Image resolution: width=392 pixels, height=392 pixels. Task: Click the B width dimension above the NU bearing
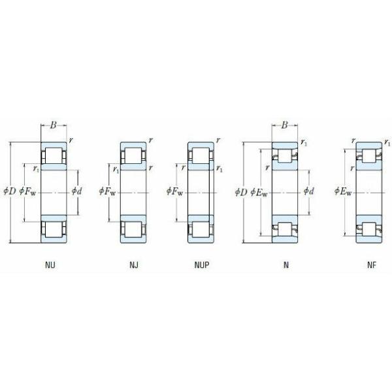[x=54, y=125]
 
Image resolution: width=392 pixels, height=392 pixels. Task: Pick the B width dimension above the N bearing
[x=285, y=125]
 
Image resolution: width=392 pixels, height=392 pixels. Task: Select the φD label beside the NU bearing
[x=10, y=191]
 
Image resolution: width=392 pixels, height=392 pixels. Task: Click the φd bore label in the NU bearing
[x=76, y=191]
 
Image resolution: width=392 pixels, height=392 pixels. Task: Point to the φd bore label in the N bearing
[x=308, y=191]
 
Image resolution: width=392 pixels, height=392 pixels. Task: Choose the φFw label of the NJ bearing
[x=108, y=191]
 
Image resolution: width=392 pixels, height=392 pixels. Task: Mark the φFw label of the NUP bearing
[x=175, y=191]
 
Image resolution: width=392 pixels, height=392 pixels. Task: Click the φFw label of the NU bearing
[x=28, y=191]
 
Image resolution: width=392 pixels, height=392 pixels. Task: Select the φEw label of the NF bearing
[x=343, y=191]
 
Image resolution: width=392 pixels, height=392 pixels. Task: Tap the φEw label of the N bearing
[x=259, y=191]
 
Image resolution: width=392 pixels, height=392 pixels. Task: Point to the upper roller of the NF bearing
[x=369, y=156]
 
